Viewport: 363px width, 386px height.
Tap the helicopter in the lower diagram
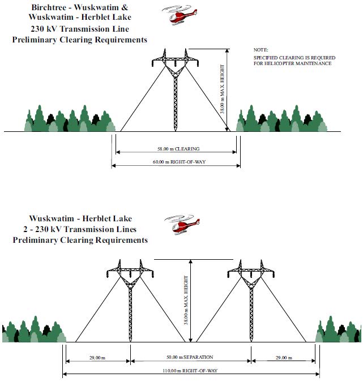pos(182,224)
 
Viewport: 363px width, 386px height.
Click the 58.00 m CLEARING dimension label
pos(178,149)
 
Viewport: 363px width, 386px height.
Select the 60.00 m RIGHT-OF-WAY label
pos(179,162)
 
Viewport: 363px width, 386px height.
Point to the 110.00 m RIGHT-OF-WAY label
pos(190,371)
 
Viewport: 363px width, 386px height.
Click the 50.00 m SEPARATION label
pos(190,357)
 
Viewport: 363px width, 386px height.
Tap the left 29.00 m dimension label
pos(97,358)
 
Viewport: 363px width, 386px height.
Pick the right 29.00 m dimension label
pos(284,358)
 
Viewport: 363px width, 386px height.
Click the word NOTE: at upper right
pos(261,50)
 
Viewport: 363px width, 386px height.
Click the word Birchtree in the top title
pos(49,7)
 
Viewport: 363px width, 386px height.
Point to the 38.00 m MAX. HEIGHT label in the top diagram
pos(222,89)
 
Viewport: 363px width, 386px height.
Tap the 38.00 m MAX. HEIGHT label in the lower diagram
pos(186,300)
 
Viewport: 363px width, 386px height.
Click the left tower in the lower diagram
pos(130,301)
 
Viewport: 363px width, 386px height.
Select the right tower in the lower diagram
pos(251,301)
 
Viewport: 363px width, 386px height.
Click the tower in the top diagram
pos(175,90)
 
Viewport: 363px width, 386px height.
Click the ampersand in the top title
pos(125,7)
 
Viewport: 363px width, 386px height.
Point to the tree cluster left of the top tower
pos(70,118)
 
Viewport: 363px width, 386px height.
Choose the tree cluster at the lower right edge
pos(339,329)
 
